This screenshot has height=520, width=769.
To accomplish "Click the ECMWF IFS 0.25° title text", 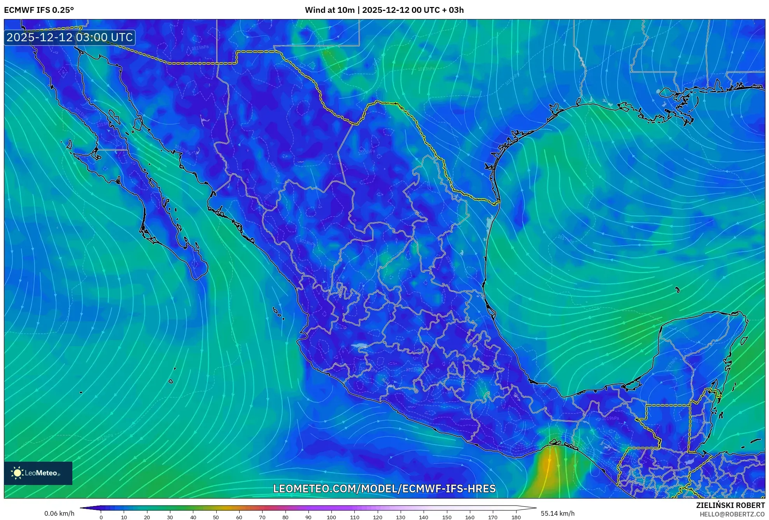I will pyautogui.click(x=39, y=10).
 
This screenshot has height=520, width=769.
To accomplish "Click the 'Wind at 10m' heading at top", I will pyautogui.click(x=330, y=10).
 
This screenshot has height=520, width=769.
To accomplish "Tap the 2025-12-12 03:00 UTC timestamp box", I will pyautogui.click(x=70, y=38).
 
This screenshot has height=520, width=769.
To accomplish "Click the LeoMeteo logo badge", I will pyautogui.click(x=38, y=473).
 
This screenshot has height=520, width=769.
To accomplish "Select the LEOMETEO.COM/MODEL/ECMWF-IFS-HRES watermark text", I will pyautogui.click(x=384, y=488).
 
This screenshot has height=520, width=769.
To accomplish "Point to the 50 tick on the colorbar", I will pyautogui.click(x=216, y=517).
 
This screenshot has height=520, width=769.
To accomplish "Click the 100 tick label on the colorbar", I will pyautogui.click(x=331, y=517).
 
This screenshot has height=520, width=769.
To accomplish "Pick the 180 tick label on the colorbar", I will pyautogui.click(x=516, y=517).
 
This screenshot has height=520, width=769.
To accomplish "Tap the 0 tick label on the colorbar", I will pyautogui.click(x=101, y=517).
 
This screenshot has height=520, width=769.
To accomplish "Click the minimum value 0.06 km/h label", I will pyautogui.click(x=59, y=513).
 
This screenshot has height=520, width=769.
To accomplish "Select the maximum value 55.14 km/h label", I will pyautogui.click(x=557, y=513).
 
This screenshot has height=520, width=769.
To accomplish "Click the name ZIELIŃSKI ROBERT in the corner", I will pyautogui.click(x=730, y=505).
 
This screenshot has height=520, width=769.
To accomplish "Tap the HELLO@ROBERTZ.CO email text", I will pyautogui.click(x=732, y=514).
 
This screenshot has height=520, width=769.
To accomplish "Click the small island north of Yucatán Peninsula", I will pyautogui.click(x=678, y=290).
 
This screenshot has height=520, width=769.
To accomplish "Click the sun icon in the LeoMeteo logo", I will pyautogui.click(x=17, y=473).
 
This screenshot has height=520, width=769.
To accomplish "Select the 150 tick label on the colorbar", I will pyautogui.click(x=447, y=517).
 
